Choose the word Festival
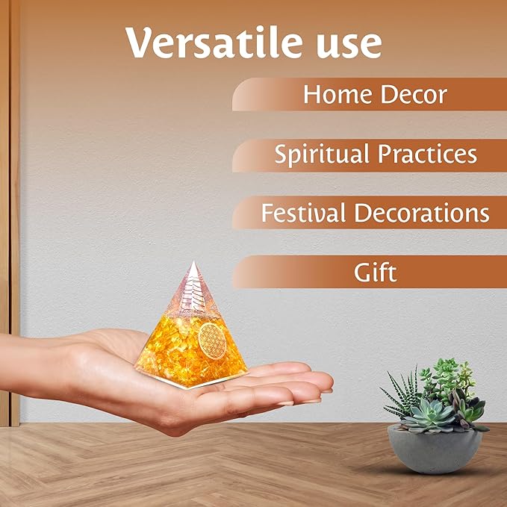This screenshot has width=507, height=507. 303,213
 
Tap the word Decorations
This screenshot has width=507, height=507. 421,213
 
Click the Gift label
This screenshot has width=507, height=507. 375,272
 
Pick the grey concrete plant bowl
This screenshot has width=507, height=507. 435,448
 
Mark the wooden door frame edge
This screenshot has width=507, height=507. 14,224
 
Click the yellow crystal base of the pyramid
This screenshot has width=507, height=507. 187,358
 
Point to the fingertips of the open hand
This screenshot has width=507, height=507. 323,382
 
